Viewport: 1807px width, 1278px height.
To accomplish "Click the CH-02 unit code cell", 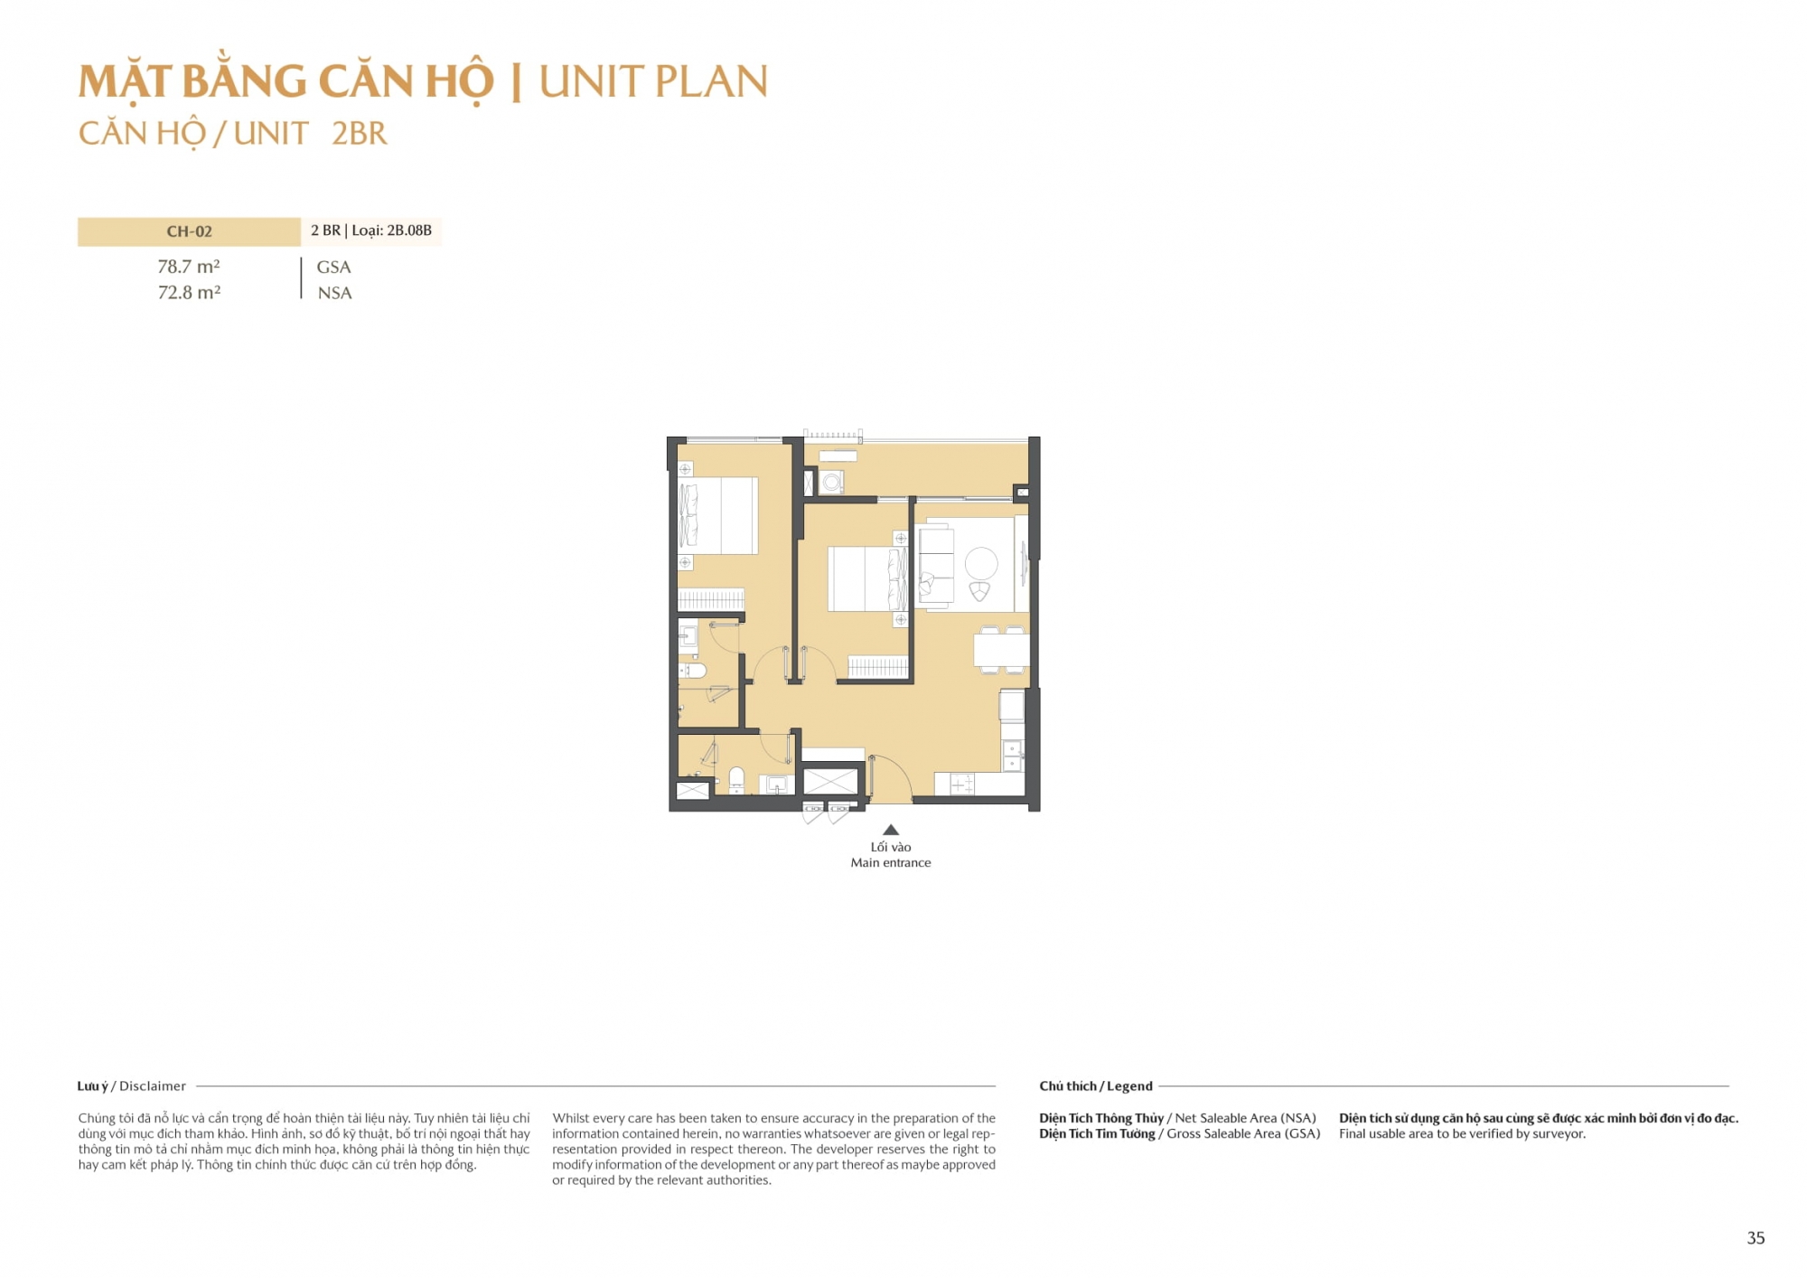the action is tap(189, 231).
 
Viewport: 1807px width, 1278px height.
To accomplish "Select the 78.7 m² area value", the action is tap(189, 267).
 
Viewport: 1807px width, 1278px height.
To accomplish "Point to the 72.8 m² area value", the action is tap(189, 293).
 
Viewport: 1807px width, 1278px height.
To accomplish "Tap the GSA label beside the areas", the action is tap(333, 268).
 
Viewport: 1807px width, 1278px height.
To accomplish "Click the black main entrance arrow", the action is tap(891, 830).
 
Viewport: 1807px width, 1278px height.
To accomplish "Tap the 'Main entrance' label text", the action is tap(891, 863).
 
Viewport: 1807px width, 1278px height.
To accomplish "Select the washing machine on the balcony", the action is tap(831, 483).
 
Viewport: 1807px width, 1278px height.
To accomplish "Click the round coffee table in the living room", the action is tap(981, 564).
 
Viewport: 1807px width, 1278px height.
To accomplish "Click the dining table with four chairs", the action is tap(1001, 650).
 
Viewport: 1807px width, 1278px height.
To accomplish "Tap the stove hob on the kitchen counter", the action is tap(961, 785).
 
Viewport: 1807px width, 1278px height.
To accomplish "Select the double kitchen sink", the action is tap(1013, 756).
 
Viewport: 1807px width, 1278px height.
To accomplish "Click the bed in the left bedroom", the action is tap(719, 515).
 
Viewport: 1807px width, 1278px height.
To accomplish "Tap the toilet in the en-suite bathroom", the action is tap(693, 671).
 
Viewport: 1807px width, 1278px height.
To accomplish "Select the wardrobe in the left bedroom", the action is tap(711, 599).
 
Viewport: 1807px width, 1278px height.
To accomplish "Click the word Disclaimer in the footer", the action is tap(153, 1086).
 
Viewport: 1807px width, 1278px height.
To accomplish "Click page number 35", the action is tap(1756, 1238).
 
